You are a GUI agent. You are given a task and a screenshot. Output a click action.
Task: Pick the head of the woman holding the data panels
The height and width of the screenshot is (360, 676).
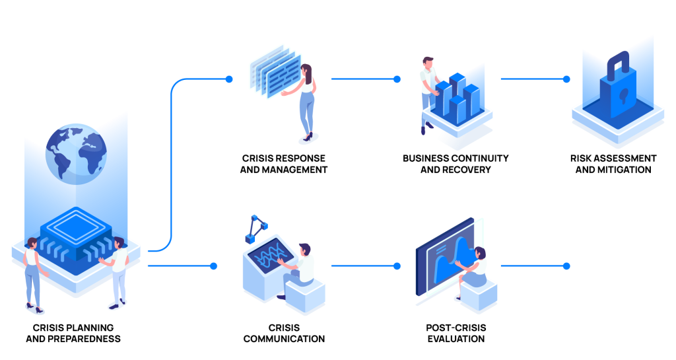click(306, 70)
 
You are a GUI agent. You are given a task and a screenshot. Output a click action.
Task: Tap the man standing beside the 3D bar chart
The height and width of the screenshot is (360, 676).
click(428, 92)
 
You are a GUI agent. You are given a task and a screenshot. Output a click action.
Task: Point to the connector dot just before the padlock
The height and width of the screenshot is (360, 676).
click(566, 79)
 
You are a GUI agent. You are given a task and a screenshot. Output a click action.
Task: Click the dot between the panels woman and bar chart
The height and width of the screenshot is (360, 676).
click(397, 79)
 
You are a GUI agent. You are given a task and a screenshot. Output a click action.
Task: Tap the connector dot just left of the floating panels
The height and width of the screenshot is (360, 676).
click(229, 79)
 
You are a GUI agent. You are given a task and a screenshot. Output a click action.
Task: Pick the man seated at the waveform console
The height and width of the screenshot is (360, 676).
click(303, 268)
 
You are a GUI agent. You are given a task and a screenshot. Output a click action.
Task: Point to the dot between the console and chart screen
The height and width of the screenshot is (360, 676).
click(397, 266)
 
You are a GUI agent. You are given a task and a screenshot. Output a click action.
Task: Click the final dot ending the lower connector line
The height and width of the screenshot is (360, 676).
click(566, 266)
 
